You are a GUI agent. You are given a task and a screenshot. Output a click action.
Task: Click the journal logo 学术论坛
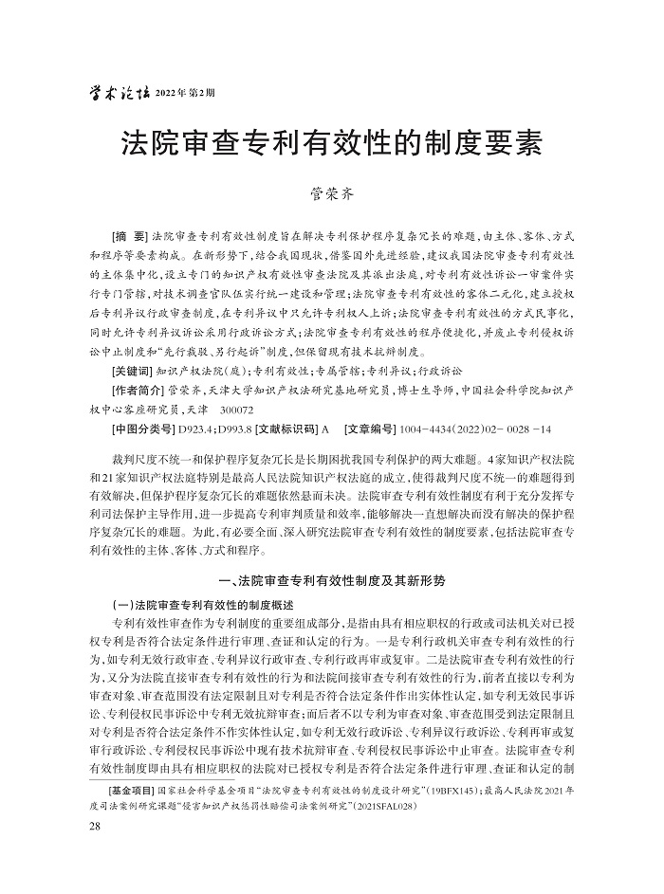coord(118,92)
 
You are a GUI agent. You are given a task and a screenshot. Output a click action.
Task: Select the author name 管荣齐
coord(331,195)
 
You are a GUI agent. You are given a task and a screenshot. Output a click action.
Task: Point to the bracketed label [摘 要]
coord(128,234)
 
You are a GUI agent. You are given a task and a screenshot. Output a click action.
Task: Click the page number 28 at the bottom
coord(93,827)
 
